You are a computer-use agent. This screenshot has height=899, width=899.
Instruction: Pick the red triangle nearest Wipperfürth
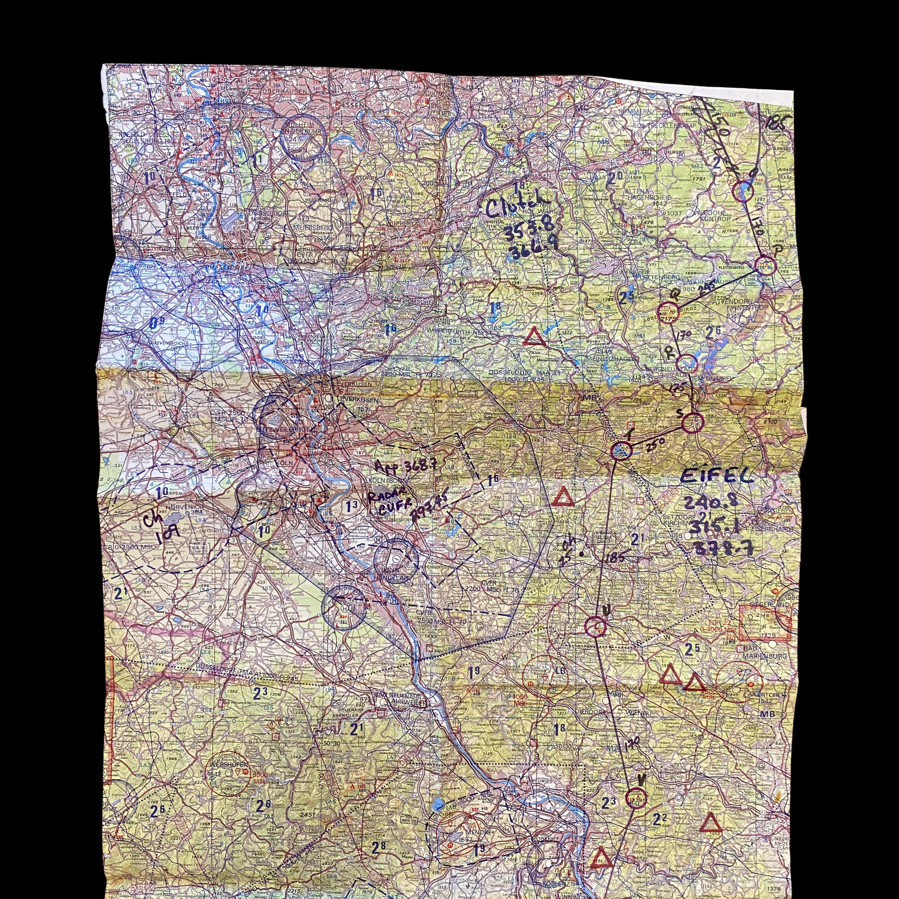(x=533, y=337)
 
